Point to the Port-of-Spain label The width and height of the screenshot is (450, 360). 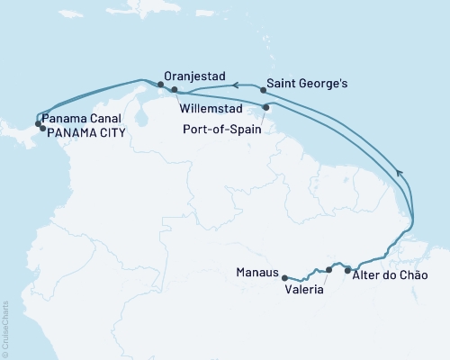(221, 129)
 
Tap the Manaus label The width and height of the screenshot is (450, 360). (256, 271)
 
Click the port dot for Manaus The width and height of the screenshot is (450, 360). (284, 277)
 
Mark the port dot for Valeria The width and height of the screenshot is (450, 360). (329, 269)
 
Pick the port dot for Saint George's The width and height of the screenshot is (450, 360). (263, 89)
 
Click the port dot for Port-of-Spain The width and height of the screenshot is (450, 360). (265, 107)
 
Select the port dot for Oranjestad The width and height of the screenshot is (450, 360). (160, 85)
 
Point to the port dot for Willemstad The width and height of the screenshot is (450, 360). (175, 90)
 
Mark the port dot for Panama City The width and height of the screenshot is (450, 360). (42, 129)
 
